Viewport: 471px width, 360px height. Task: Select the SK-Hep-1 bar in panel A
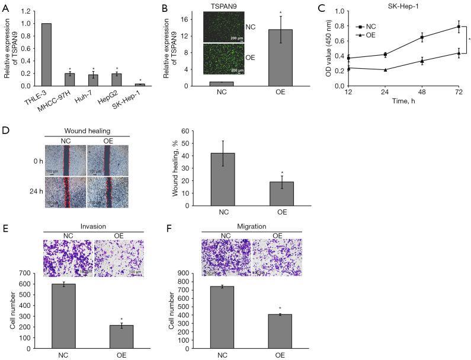pyautogui.click(x=140, y=85)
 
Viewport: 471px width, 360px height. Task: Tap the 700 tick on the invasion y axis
pyautogui.click(x=24, y=272)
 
